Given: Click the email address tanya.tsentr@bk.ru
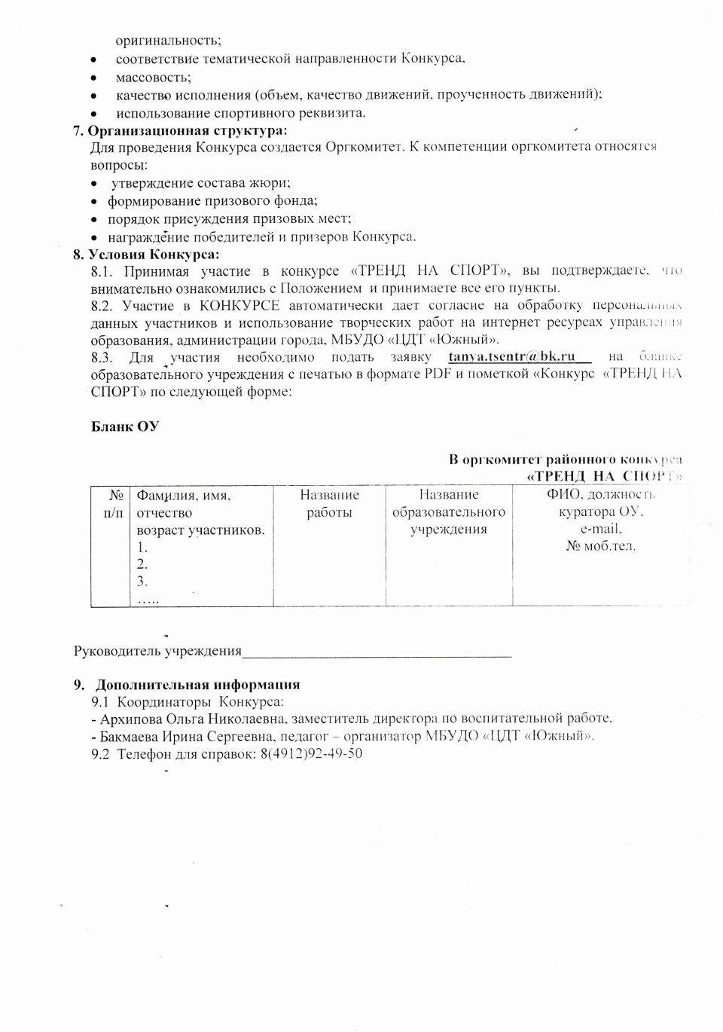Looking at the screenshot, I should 511,357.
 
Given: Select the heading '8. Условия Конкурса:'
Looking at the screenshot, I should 146,254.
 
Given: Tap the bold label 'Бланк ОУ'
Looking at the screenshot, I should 125,426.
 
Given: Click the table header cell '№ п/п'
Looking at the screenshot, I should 110,504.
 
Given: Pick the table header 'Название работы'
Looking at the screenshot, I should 329,504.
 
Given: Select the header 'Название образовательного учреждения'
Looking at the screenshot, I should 449,512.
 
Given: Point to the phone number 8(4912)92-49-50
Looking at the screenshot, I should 311,753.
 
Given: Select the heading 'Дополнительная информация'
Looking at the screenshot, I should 197,685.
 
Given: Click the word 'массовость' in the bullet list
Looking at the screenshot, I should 153,77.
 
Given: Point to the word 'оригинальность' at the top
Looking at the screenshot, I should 168,41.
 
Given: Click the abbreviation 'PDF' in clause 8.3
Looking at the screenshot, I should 438,374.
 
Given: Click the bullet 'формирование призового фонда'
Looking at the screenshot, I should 212,201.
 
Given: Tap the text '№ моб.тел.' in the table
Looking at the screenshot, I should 600,546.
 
